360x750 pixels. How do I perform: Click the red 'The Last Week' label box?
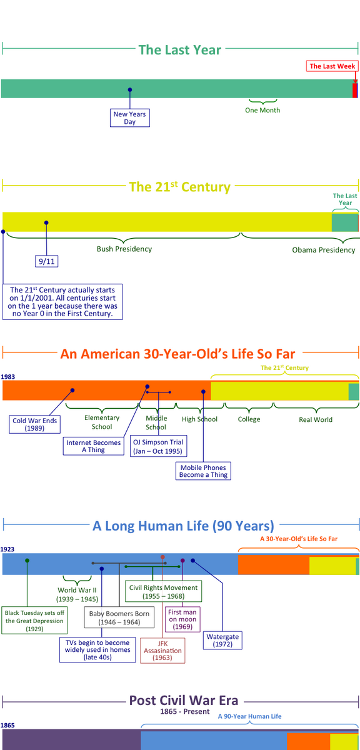click(332, 66)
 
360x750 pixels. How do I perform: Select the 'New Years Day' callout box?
click(130, 118)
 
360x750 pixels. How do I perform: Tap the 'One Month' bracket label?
click(262, 110)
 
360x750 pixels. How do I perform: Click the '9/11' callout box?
click(46, 261)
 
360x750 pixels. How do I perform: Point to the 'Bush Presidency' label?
click(124, 249)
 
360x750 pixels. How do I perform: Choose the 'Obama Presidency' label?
click(324, 250)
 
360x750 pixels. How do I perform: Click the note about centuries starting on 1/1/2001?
click(62, 302)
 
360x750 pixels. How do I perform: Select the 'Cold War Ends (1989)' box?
click(35, 424)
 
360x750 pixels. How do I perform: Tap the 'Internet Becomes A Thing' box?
click(93, 446)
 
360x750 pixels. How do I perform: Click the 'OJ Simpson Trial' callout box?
click(158, 446)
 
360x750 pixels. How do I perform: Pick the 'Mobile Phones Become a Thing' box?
click(203, 471)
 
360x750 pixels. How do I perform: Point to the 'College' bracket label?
click(249, 419)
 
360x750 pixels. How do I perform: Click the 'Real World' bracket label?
click(316, 419)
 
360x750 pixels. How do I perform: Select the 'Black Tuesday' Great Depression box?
click(34, 621)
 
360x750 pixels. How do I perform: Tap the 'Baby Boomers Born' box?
click(119, 617)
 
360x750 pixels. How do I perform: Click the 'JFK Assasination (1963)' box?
click(162, 651)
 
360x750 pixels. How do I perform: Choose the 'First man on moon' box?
click(182, 619)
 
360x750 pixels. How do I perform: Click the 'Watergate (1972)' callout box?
click(222, 640)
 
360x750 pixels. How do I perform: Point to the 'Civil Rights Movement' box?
click(163, 592)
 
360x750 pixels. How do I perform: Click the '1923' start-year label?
click(7, 549)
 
